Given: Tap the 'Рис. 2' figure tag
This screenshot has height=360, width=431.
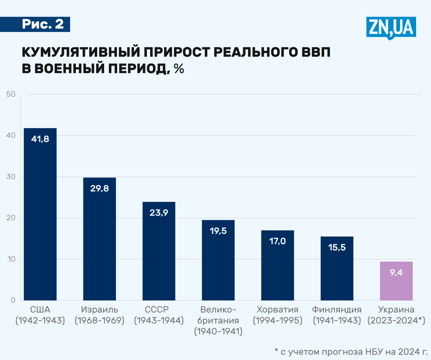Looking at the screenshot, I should [x=43, y=24].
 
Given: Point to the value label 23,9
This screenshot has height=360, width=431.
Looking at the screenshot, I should [x=159, y=213].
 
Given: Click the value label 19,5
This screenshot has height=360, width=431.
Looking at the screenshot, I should [x=218, y=231].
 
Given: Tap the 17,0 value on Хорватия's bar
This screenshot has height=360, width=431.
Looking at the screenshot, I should [x=277, y=241].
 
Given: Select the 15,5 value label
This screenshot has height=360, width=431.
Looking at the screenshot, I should [x=337, y=247].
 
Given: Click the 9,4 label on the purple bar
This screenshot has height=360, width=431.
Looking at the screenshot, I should [x=396, y=273].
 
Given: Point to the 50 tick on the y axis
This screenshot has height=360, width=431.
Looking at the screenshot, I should [x=11, y=94].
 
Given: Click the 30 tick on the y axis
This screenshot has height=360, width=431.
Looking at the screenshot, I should [x=11, y=177].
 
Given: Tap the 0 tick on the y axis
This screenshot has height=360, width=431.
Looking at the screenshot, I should [x=13, y=300].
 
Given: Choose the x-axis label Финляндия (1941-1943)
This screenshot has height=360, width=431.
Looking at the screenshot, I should [x=337, y=315].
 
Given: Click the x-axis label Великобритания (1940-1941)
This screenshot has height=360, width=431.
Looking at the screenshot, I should [x=218, y=321].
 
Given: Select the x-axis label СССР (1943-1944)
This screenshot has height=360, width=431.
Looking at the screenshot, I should [x=159, y=315].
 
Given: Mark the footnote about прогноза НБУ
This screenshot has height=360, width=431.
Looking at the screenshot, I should [x=351, y=352].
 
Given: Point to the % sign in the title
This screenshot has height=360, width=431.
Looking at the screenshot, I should [x=179, y=69].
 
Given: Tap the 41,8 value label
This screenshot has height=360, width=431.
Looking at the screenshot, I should [x=40, y=139].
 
